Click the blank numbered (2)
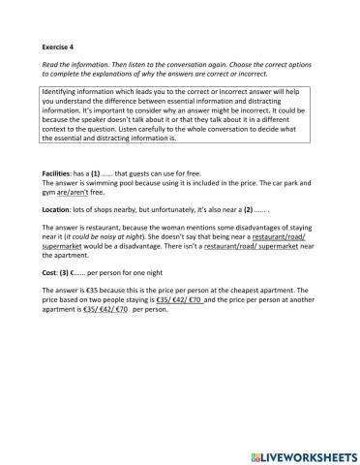(x=249, y=209)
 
